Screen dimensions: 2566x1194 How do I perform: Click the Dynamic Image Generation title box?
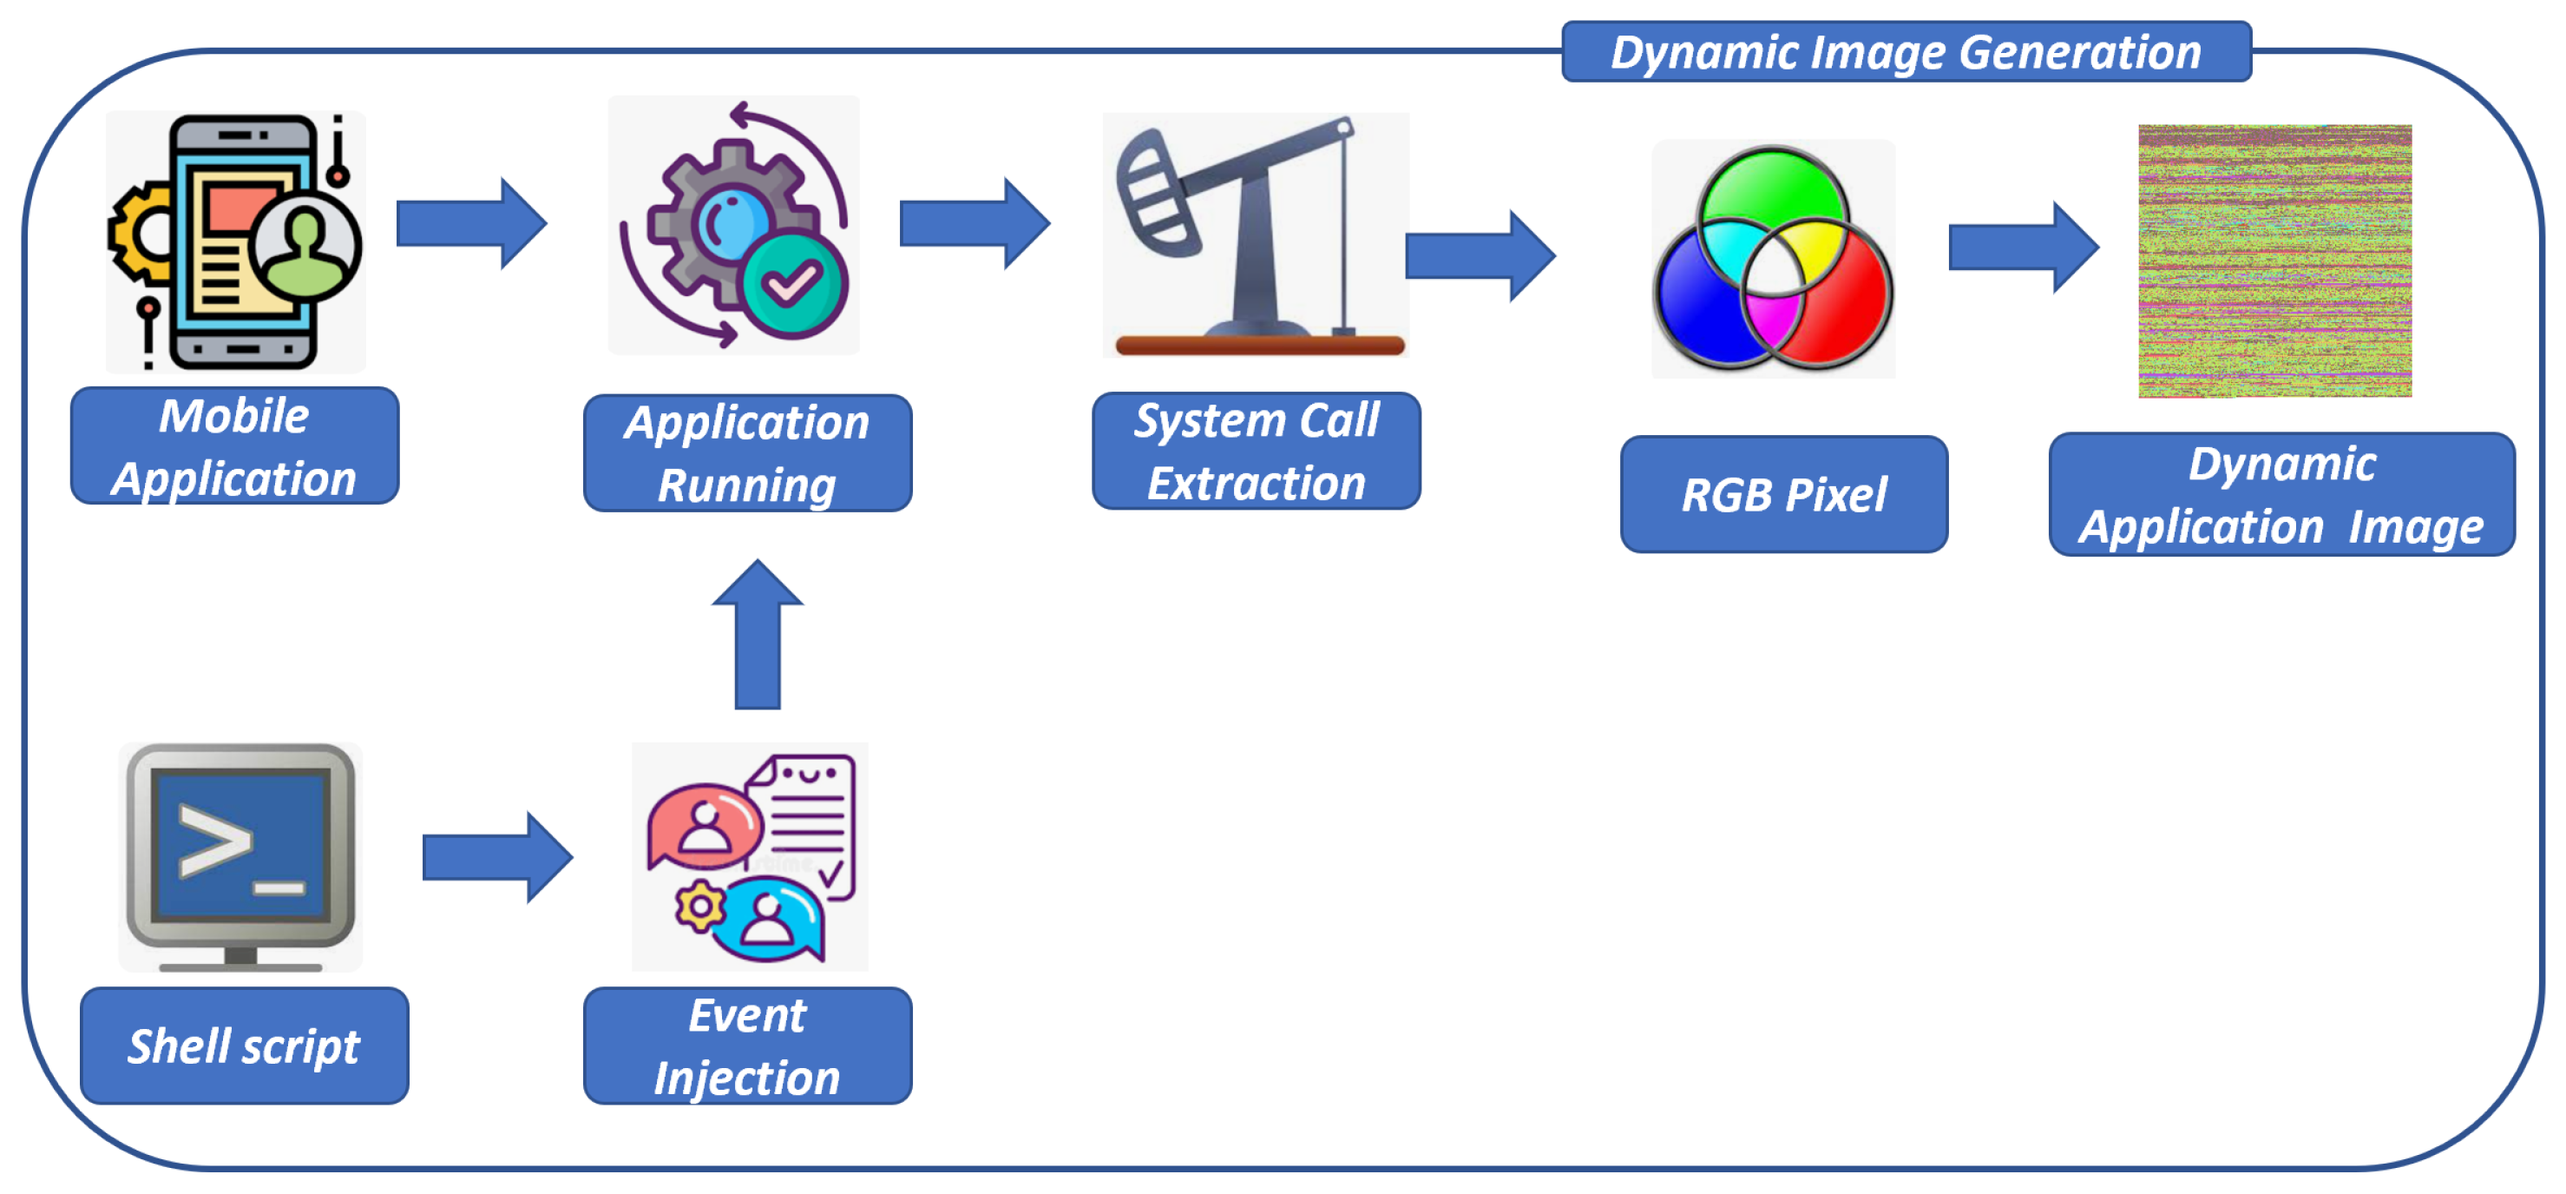click(x=1906, y=52)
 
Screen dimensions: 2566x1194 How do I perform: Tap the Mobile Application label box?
click(x=235, y=445)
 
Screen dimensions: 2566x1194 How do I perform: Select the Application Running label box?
click(x=747, y=453)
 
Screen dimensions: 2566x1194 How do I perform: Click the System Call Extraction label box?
click(x=1257, y=451)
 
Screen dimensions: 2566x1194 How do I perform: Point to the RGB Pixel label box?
click(x=1784, y=494)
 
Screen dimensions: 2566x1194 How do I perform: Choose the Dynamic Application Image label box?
click(x=2282, y=494)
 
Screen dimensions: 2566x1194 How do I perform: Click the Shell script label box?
click(x=244, y=1046)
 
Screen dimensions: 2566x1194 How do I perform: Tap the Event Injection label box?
click(x=747, y=1046)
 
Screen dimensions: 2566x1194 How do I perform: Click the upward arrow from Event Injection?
click(x=757, y=634)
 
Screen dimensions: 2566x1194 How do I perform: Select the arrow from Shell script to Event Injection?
click(x=497, y=857)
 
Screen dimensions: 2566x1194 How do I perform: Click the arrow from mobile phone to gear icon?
click(x=471, y=223)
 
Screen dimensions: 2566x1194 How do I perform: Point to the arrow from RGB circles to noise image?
click(x=2023, y=247)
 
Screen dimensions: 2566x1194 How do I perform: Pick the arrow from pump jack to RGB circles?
click(x=1480, y=256)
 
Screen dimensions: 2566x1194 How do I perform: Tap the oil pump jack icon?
click(x=1257, y=236)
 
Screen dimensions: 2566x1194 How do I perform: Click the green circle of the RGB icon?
click(x=1772, y=202)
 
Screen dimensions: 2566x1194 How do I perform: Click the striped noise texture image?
click(x=2275, y=261)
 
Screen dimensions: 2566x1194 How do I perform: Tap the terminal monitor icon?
click(x=241, y=857)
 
